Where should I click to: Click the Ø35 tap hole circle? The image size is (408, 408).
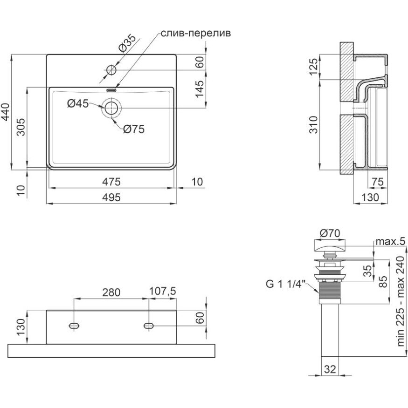tap(111, 70)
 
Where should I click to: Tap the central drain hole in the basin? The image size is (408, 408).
tap(111, 108)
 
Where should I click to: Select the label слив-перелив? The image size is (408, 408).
tap(196, 34)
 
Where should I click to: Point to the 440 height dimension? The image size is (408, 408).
tap(6, 112)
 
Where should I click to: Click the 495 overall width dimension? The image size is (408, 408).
tap(111, 197)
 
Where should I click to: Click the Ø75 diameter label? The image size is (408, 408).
tap(134, 130)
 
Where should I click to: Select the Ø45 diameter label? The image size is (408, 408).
tap(77, 104)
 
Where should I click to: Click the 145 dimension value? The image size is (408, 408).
tap(200, 88)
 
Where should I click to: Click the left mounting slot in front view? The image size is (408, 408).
tap(74, 326)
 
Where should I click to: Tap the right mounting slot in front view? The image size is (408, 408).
tap(149, 326)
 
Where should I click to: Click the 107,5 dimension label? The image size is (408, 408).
tap(162, 292)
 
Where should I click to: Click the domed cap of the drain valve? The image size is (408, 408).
tap(330, 245)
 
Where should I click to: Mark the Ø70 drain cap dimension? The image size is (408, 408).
tap(330, 232)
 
